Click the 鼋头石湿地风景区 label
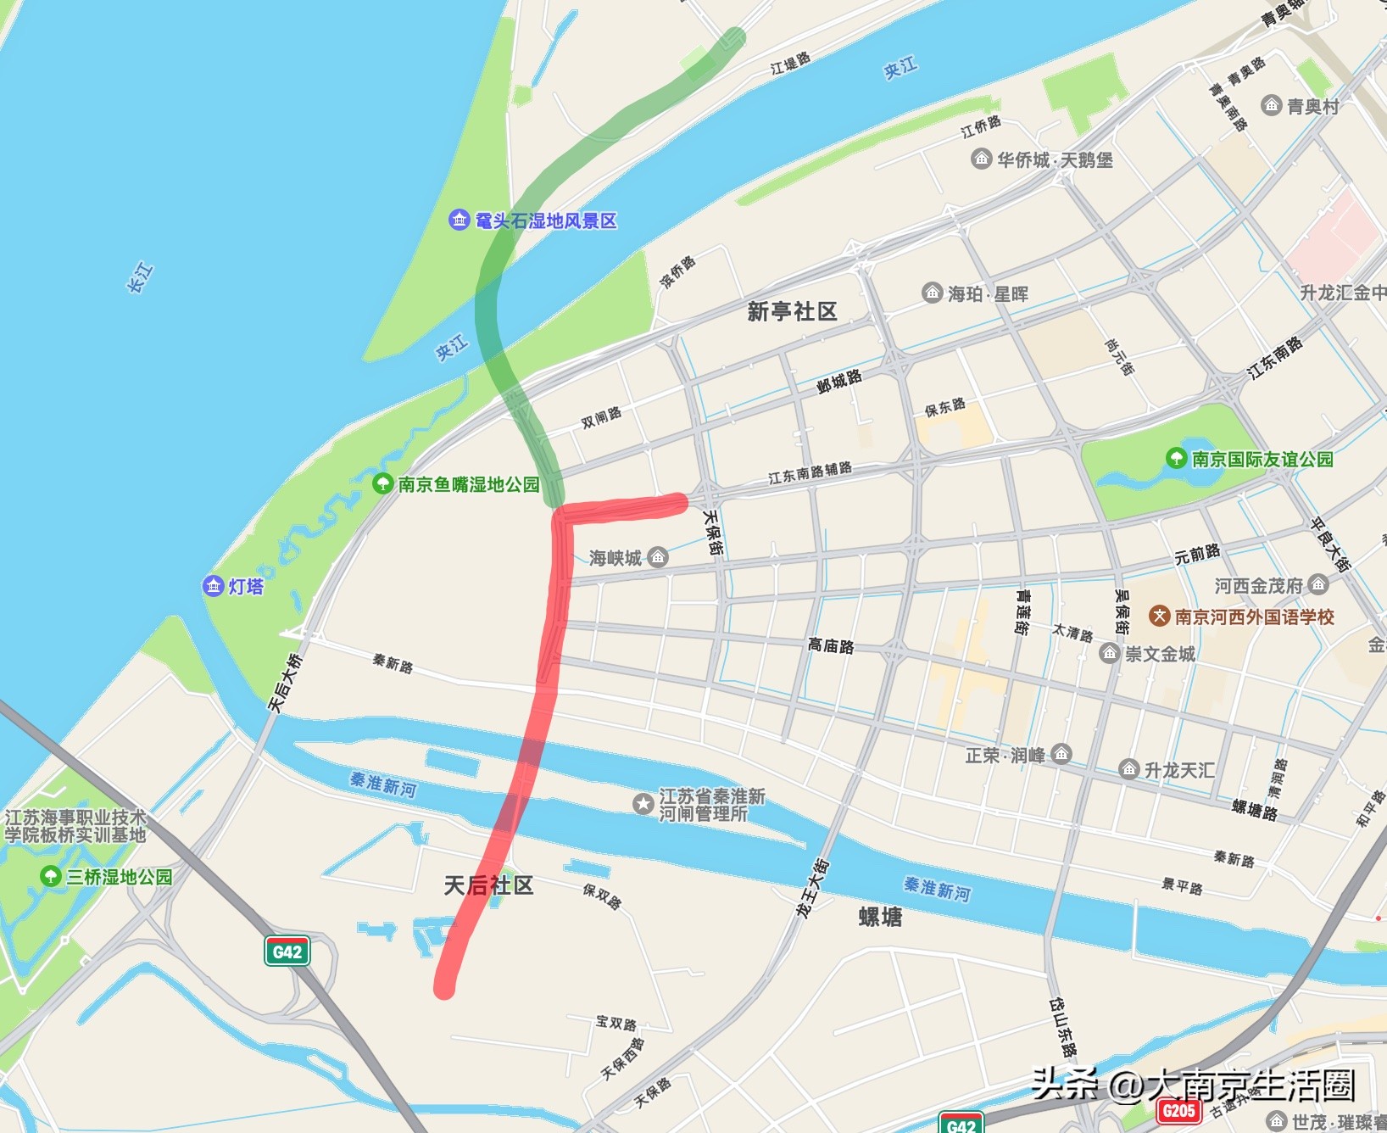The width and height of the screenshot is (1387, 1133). point(546,221)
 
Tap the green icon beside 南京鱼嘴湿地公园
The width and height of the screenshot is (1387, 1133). point(382,484)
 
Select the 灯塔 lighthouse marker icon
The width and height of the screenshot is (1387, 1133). point(213,586)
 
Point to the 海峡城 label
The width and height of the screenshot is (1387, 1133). point(616,558)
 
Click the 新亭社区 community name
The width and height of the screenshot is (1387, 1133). point(792,312)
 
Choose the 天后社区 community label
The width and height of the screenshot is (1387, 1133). point(488,886)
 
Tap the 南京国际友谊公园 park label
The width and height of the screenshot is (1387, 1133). point(1262,460)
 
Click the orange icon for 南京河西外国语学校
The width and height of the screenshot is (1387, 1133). point(1159,617)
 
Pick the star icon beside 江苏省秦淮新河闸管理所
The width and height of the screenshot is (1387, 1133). point(643,803)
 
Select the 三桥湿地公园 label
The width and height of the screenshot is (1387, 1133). point(119,877)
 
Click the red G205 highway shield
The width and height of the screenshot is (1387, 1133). point(1178,1111)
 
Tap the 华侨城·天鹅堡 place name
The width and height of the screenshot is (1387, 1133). point(1055,160)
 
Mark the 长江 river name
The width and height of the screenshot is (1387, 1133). point(140,278)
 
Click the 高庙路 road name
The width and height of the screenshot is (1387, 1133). point(831,646)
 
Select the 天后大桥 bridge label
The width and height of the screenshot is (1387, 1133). point(285,683)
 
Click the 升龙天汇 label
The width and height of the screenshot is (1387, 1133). point(1179,770)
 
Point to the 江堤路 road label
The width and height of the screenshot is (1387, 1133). point(790,63)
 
